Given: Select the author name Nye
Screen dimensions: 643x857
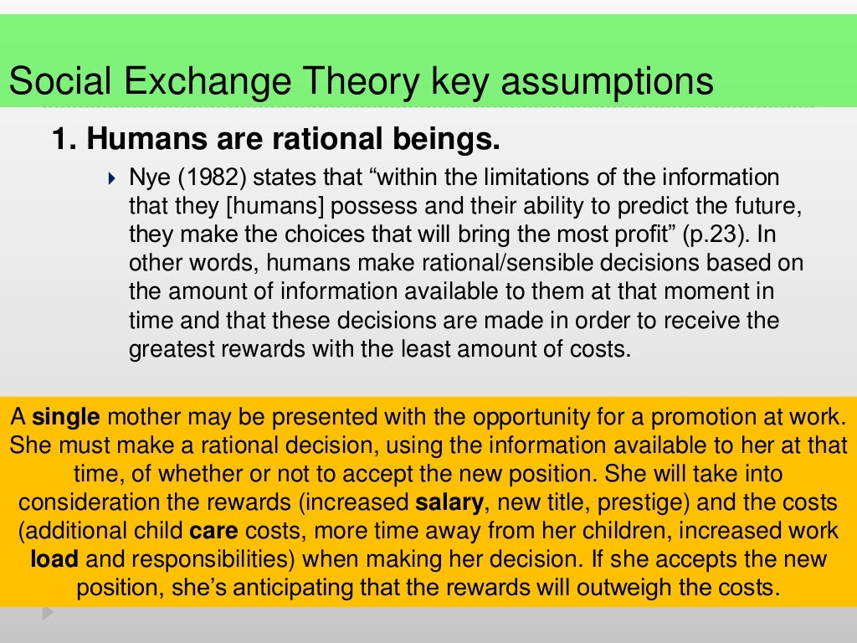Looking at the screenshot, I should point(149,177).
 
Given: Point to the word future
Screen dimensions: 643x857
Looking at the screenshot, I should point(742,206).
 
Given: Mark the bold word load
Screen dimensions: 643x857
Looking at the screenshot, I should point(54,559).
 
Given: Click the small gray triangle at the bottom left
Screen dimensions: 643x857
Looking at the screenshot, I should point(48,613).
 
